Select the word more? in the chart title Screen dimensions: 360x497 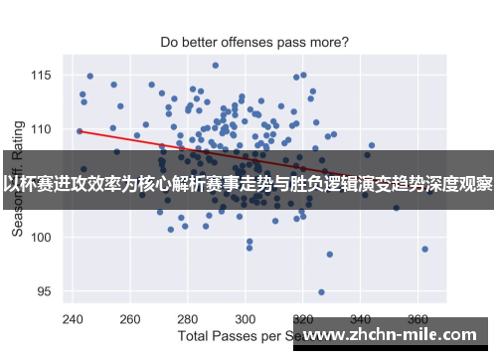327,43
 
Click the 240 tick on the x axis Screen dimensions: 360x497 73,320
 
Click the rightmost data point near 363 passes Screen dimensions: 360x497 424,249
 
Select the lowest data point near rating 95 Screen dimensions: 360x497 321,292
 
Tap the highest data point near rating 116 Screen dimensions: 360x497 215,66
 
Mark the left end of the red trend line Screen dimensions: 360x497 79,130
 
